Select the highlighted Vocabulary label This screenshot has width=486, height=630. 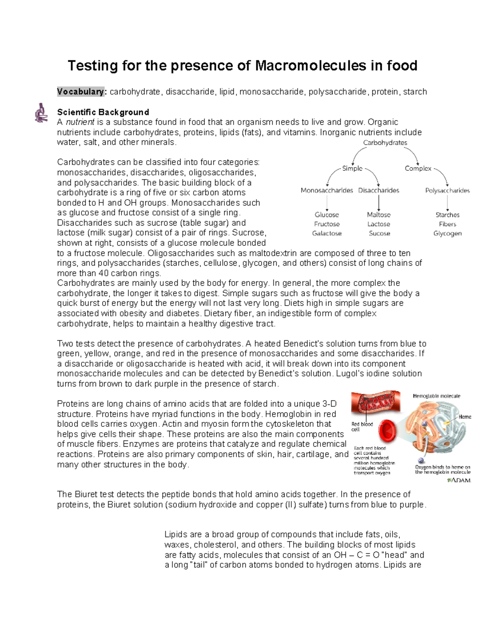pyautogui.click(x=81, y=92)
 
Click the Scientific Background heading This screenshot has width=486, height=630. pyautogui.click(x=103, y=112)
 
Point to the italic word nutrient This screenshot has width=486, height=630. pyautogui.click(x=80, y=122)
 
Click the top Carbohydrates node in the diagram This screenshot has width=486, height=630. pyautogui.click(x=385, y=142)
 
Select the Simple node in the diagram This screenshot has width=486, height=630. pyautogui.click(x=352, y=168)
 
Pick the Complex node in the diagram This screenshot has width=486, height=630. pyautogui.click(x=418, y=168)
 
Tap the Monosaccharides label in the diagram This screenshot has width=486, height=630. pyautogui.click(x=326, y=190)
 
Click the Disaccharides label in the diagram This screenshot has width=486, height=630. pyautogui.click(x=378, y=190)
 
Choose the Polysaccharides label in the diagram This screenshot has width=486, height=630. pyautogui.click(x=447, y=190)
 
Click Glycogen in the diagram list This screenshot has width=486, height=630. pyautogui.click(x=447, y=233)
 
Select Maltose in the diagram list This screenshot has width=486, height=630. pyautogui.click(x=379, y=215)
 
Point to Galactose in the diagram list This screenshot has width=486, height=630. pyautogui.click(x=326, y=233)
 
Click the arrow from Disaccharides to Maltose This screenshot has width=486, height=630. pyautogui.click(x=379, y=202)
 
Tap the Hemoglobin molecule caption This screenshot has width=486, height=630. pyautogui.click(x=436, y=396)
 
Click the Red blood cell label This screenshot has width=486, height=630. pyautogui.click(x=362, y=426)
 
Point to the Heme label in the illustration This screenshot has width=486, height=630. pyautogui.click(x=465, y=417)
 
